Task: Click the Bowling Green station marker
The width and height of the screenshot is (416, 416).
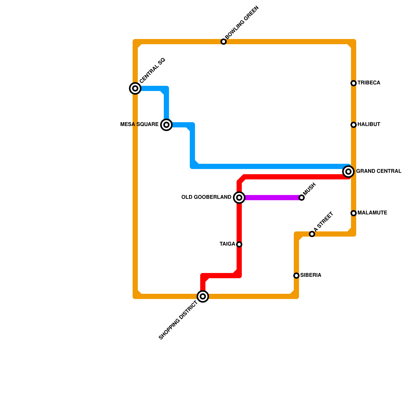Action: pyautogui.click(x=224, y=42)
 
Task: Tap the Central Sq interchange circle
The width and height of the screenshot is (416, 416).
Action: pyautogui.click(x=135, y=88)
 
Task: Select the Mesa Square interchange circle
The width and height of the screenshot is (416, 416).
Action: pyautogui.click(x=166, y=125)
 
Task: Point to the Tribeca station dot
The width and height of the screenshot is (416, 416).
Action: pyautogui.click(x=354, y=83)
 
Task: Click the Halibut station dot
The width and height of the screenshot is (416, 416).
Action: pyautogui.click(x=354, y=125)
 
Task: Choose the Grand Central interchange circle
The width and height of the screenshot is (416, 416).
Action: pyautogui.click(x=348, y=172)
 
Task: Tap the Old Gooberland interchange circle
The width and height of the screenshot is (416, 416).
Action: pyautogui.click(x=239, y=198)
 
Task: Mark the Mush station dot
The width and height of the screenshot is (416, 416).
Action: pyautogui.click(x=302, y=198)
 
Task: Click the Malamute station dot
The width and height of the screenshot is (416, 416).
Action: pyautogui.click(x=354, y=213)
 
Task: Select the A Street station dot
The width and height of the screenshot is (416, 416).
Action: pyautogui.click(x=312, y=234)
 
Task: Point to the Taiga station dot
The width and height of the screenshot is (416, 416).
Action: pyautogui.click(x=239, y=244)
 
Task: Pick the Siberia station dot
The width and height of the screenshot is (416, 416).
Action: pyautogui.click(x=296, y=276)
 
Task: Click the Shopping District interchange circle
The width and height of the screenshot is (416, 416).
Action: pyautogui.click(x=203, y=296)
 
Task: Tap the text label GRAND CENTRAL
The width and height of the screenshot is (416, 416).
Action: pyautogui.click(x=379, y=171)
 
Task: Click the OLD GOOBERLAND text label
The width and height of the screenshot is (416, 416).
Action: pyautogui.click(x=206, y=197)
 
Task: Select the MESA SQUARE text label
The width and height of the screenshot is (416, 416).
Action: pyautogui.click(x=139, y=125)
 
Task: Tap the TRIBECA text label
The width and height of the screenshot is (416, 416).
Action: pyautogui.click(x=369, y=83)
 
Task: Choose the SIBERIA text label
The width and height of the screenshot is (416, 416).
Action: pyautogui.click(x=311, y=275)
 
